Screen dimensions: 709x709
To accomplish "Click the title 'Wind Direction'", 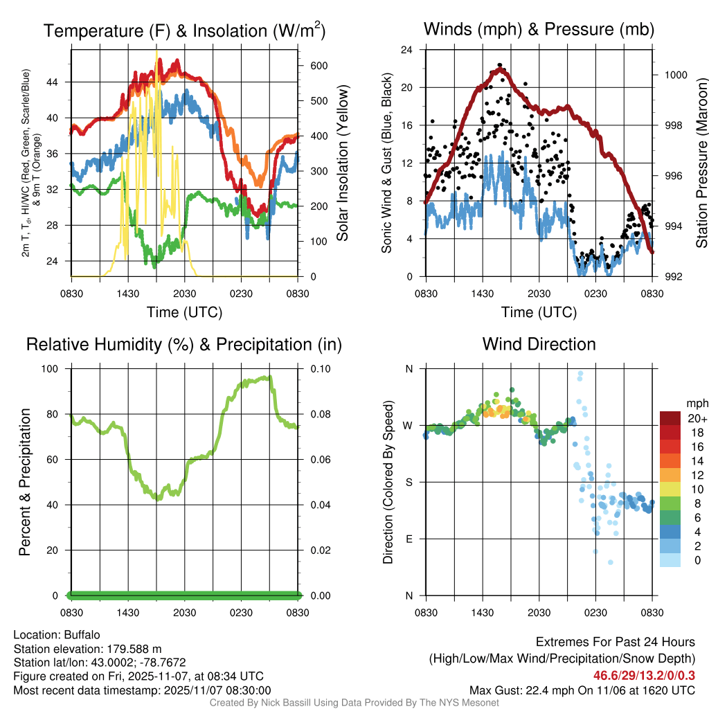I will click(539, 344).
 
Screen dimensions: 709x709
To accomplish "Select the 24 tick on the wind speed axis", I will click(407, 50).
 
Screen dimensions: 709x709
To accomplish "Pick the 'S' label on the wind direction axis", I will click(409, 482).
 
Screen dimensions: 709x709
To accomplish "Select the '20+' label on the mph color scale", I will click(697, 418).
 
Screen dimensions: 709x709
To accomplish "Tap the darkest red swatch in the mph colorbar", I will click(670, 418).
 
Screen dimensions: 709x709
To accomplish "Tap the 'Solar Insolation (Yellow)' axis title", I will click(343, 163).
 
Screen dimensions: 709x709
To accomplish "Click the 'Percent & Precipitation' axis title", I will click(25, 482).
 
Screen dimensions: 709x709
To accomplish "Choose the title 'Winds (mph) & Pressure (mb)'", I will click(539, 29).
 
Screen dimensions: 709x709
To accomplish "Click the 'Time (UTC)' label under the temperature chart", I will click(184, 312).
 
